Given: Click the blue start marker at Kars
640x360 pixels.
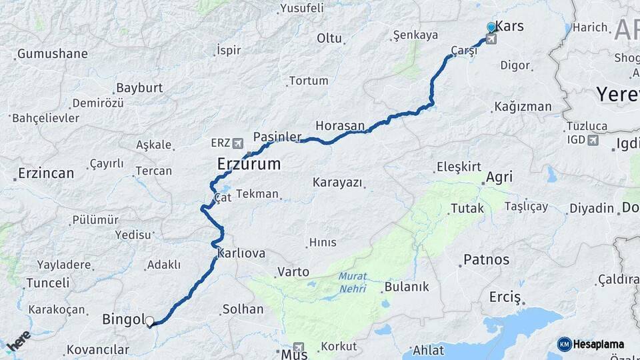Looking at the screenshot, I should [491, 27].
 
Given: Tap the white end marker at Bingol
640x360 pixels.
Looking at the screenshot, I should [149, 321].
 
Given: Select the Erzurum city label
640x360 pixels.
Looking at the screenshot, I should [249, 163].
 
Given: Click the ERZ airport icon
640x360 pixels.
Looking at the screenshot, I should [239, 143].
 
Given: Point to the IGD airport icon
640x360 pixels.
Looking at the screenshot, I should [593, 140].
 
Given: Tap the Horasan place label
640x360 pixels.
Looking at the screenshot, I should [340, 125].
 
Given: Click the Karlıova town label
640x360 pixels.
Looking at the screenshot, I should [241, 253].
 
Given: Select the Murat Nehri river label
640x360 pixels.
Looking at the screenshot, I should [353, 282].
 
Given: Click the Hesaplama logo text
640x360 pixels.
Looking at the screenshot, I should [597, 344].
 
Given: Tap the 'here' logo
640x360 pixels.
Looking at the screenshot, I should [19, 342].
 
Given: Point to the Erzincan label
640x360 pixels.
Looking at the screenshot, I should [46, 173].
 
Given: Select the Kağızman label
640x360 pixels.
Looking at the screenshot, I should [523, 107].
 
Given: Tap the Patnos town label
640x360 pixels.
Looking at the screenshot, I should [486, 260].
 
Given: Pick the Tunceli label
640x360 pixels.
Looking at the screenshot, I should [47, 283].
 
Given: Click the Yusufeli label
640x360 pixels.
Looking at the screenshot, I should [302, 8].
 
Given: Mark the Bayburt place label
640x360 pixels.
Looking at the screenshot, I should [139, 88].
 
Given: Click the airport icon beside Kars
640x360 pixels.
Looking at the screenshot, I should [491, 39].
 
